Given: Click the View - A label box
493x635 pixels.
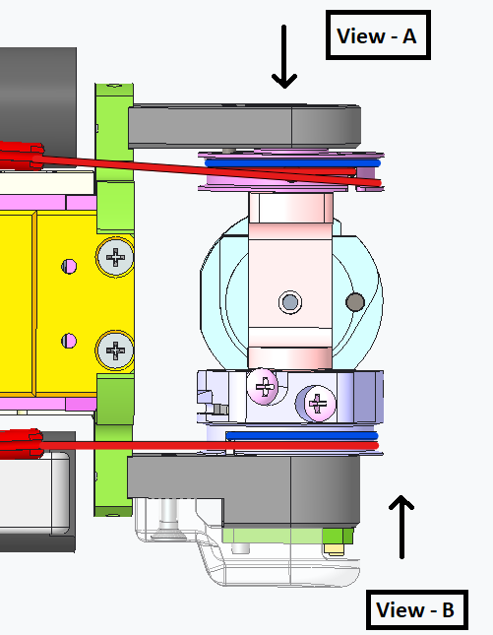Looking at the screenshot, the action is coord(378,35).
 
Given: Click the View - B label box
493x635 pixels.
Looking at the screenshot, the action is coord(417,609).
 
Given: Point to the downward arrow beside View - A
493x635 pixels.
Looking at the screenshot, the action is coord(284,57).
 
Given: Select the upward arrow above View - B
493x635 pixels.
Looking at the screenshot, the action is coord(401,527).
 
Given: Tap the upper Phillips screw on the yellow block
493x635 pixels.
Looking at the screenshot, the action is coord(115,257).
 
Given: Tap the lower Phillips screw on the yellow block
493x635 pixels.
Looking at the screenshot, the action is coord(115,349).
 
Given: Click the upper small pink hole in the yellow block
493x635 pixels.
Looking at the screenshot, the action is coord(69,267).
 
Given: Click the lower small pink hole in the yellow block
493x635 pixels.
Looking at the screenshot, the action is coord(69,341).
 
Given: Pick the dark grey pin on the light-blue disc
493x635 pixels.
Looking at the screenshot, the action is coord(355,301).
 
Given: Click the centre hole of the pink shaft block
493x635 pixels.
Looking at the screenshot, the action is coord(290,302).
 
